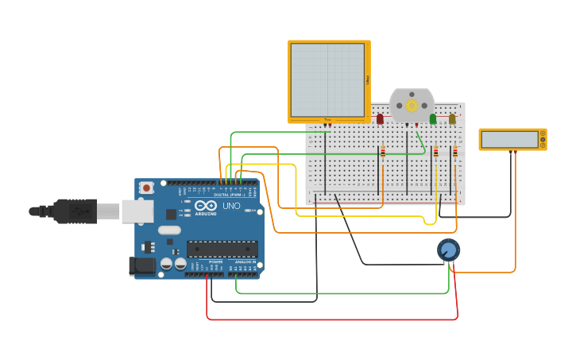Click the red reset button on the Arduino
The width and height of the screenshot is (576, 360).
pyautogui.click(x=146, y=188)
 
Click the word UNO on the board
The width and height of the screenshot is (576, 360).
pyautogui.click(x=231, y=206)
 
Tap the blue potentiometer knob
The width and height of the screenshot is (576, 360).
pyautogui.click(x=448, y=250)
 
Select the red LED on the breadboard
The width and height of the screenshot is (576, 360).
pyautogui.click(x=380, y=118)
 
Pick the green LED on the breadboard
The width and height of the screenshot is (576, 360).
pyautogui.click(x=433, y=118)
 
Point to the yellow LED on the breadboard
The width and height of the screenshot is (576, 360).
pyautogui.click(x=452, y=118)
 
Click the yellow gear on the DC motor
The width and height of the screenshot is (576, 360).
pyautogui.click(x=412, y=105)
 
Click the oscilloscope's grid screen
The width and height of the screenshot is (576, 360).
pyautogui.click(x=327, y=79)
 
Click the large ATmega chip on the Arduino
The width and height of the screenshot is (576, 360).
pyautogui.click(x=222, y=249)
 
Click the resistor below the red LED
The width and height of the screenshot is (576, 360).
pyautogui.click(x=383, y=151)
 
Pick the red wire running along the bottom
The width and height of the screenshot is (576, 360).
pyautogui.click(x=334, y=319)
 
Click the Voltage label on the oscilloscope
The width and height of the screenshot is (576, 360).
pyautogui.click(x=368, y=79)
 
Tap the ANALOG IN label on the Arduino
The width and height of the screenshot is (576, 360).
pyautogui.click(x=244, y=261)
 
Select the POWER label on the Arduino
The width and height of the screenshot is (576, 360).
pyautogui.click(x=215, y=261)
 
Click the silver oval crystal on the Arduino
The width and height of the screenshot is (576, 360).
pyautogui.click(x=169, y=230)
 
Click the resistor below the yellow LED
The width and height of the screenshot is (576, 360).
pyautogui.click(x=454, y=151)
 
